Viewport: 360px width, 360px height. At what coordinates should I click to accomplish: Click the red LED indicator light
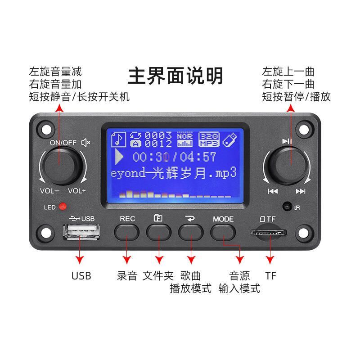(63, 207)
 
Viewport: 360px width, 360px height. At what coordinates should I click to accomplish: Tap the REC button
(127, 231)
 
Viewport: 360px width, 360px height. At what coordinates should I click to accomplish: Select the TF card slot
(269, 233)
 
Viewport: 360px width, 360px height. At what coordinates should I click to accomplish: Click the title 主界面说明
(175, 75)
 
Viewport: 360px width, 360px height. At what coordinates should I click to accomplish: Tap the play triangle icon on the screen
(119, 157)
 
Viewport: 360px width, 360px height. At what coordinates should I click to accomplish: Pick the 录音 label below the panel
(126, 275)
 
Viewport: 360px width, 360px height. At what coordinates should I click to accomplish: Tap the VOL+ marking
(76, 191)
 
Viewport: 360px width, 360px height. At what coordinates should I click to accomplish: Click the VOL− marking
(49, 191)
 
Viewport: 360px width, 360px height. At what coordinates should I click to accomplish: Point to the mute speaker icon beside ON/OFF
(85, 143)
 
